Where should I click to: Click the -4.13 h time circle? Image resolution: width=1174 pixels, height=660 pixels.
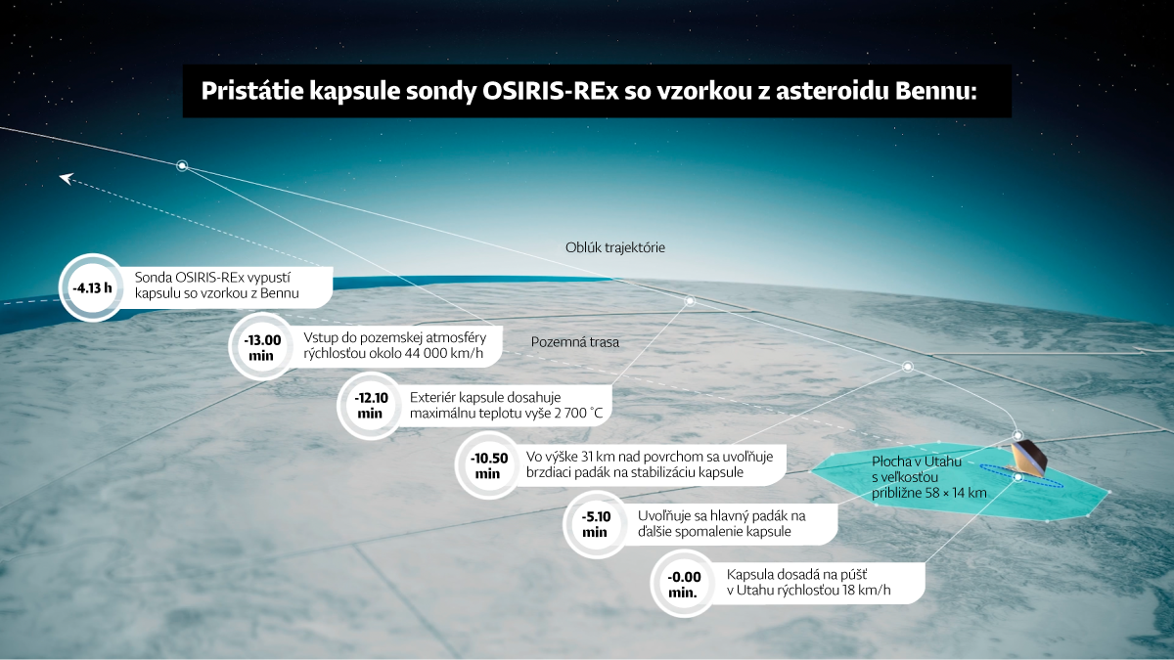92,287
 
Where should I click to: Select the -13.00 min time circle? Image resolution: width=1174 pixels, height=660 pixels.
261,347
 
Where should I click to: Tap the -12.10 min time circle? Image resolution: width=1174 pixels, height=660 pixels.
370,406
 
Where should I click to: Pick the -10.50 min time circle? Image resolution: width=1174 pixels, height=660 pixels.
488,465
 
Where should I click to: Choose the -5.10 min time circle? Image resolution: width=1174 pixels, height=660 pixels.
596,524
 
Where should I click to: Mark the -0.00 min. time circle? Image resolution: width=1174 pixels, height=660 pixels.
684,584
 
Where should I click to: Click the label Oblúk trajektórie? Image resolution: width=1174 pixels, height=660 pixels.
614,247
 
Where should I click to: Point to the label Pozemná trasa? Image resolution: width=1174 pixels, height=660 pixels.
575,342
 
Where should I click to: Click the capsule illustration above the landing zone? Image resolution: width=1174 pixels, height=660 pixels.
1028,457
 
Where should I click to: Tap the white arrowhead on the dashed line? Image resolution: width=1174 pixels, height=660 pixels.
67,179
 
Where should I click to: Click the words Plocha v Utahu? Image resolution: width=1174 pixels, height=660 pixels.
917,462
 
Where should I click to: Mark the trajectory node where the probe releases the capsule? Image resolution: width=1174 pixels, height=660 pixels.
182,165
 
